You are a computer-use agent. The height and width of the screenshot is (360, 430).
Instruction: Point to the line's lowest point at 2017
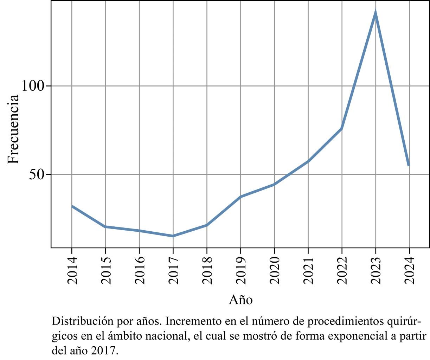[173, 236]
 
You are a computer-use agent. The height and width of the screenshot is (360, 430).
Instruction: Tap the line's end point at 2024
[409, 165]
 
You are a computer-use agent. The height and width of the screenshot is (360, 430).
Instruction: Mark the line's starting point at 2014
[72, 206]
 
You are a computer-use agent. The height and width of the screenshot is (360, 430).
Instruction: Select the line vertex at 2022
[341, 129]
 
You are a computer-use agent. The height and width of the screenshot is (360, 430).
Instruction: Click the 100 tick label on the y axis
[34, 86]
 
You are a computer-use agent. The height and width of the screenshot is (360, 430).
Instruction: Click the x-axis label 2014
[72, 270]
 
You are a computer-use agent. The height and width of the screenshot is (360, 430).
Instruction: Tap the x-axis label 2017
[173, 270]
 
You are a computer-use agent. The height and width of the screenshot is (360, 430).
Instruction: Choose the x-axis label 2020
[275, 270]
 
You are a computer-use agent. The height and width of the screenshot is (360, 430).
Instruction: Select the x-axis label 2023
[376, 270]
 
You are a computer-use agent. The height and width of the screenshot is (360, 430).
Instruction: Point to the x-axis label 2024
[409, 270]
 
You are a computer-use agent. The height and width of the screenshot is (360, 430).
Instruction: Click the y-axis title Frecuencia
[13, 129]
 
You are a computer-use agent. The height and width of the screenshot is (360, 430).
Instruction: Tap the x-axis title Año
[241, 300]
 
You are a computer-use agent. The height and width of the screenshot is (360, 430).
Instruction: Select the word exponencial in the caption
[357, 336]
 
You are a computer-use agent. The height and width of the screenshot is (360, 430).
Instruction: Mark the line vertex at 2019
[240, 197]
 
